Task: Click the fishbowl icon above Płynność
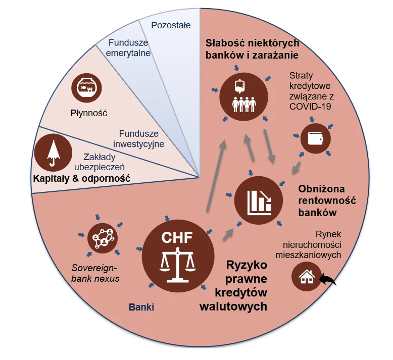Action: tap(86, 88)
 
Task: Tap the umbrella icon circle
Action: tap(54, 152)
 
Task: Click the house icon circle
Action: tap(307, 277)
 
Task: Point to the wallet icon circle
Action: tap(316, 138)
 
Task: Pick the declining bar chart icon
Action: tap(259, 200)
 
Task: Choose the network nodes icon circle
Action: tap(103, 238)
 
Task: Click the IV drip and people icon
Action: tap(244, 97)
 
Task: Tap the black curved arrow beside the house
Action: tap(328, 279)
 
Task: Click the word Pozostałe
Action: tap(171, 25)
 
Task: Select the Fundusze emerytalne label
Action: tap(128, 48)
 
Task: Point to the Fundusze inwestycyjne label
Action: tap(138, 139)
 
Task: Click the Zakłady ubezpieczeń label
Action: tap(100, 162)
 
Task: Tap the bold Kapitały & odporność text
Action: tap(82, 179)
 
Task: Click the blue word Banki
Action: tap(141, 307)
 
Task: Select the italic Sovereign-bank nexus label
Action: tap(95, 273)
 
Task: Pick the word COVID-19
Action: tap(310, 107)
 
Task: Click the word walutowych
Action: tap(233, 306)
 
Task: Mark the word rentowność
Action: tap(327, 200)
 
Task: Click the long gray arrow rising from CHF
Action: tap(216, 176)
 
